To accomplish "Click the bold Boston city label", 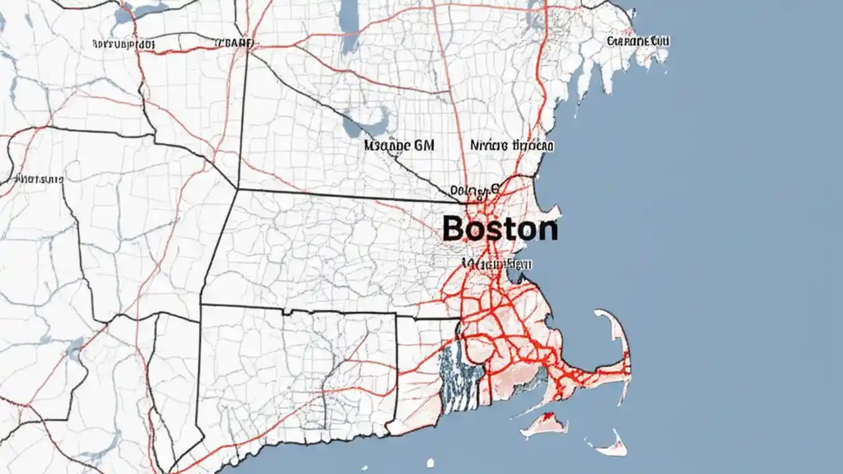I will [500, 229].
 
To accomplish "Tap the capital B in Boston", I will [454, 229].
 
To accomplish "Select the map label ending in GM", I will [399, 145].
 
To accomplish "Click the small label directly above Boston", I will [472, 192].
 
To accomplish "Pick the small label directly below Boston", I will [497, 263].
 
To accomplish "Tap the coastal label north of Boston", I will [512, 145].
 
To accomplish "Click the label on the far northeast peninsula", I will [638, 41].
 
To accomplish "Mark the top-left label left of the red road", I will [123, 44].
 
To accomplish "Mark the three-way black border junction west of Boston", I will [236, 189].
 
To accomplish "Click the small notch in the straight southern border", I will [286, 311].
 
